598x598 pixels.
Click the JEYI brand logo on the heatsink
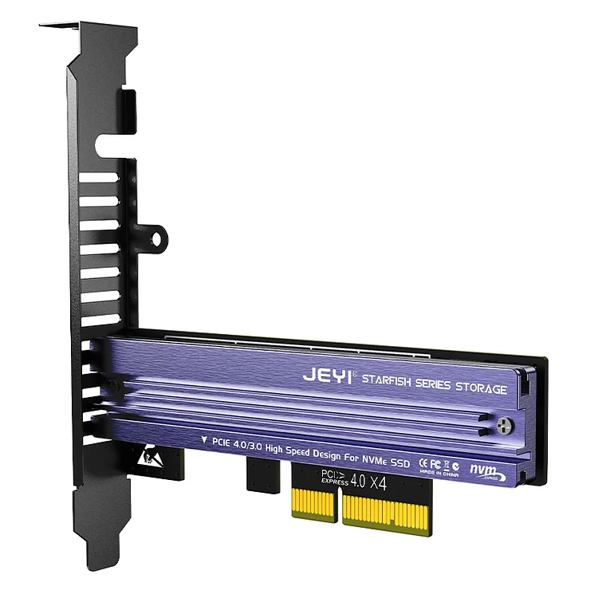pos(328,375)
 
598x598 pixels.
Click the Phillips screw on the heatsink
pos(503,429)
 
